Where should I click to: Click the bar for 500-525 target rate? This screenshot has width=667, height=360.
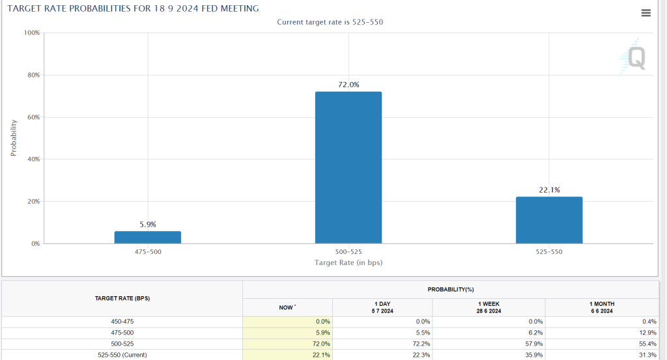348,167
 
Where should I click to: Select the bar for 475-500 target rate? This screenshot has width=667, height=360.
148,237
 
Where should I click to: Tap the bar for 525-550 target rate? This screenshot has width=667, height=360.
549,220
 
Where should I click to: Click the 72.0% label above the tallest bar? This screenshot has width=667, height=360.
348,85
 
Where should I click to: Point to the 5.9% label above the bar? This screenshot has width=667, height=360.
148,225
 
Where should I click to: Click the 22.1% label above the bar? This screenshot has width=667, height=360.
549,190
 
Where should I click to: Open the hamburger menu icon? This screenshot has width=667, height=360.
646,13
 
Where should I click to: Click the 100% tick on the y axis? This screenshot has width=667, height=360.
32,33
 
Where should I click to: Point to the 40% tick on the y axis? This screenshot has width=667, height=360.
33,159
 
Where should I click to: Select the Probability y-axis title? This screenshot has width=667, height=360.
13,137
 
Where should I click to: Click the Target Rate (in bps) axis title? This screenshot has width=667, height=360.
348,262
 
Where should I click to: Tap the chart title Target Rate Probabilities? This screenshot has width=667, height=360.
134,8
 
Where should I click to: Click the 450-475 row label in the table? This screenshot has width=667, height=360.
122,322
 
